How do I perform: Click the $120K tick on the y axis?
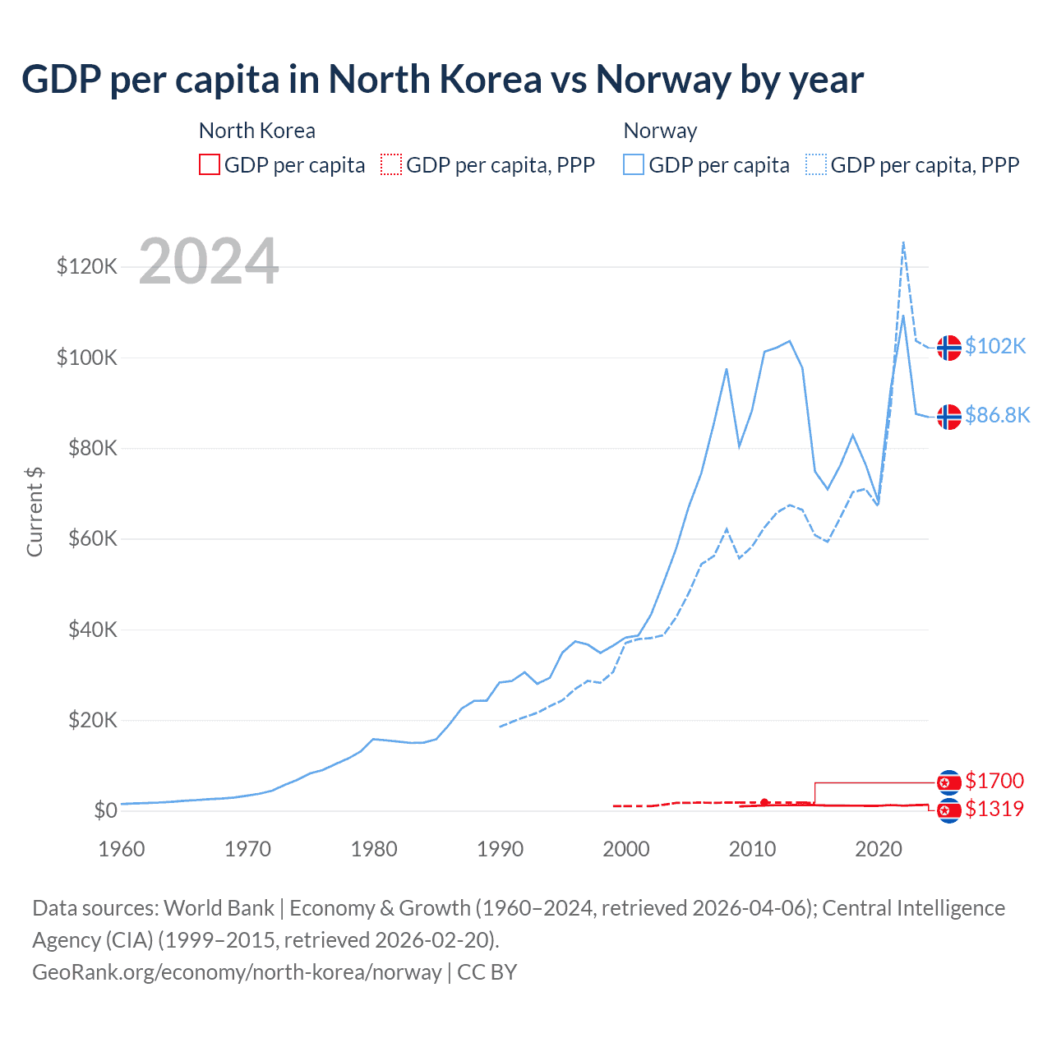(87, 266)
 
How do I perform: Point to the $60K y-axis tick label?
(87, 538)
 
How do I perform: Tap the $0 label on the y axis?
(105, 810)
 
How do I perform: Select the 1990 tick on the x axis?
(500, 848)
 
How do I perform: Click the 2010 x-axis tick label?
(752, 848)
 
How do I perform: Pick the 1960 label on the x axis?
(122, 848)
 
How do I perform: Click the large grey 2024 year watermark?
(209, 262)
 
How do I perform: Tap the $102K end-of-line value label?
(995, 346)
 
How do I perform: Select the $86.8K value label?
(997, 415)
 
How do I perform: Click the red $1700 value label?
(994, 781)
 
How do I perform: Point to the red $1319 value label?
(994, 809)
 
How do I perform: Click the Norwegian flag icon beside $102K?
(949, 348)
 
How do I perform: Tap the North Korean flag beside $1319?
(949, 811)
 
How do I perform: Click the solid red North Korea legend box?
(210, 165)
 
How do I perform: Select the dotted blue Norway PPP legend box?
(816, 165)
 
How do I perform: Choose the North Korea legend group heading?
(257, 131)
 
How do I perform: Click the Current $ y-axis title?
(35, 511)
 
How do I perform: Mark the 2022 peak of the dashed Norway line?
(903, 242)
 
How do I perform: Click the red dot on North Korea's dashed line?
(764, 802)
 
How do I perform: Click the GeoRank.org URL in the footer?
(237, 972)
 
